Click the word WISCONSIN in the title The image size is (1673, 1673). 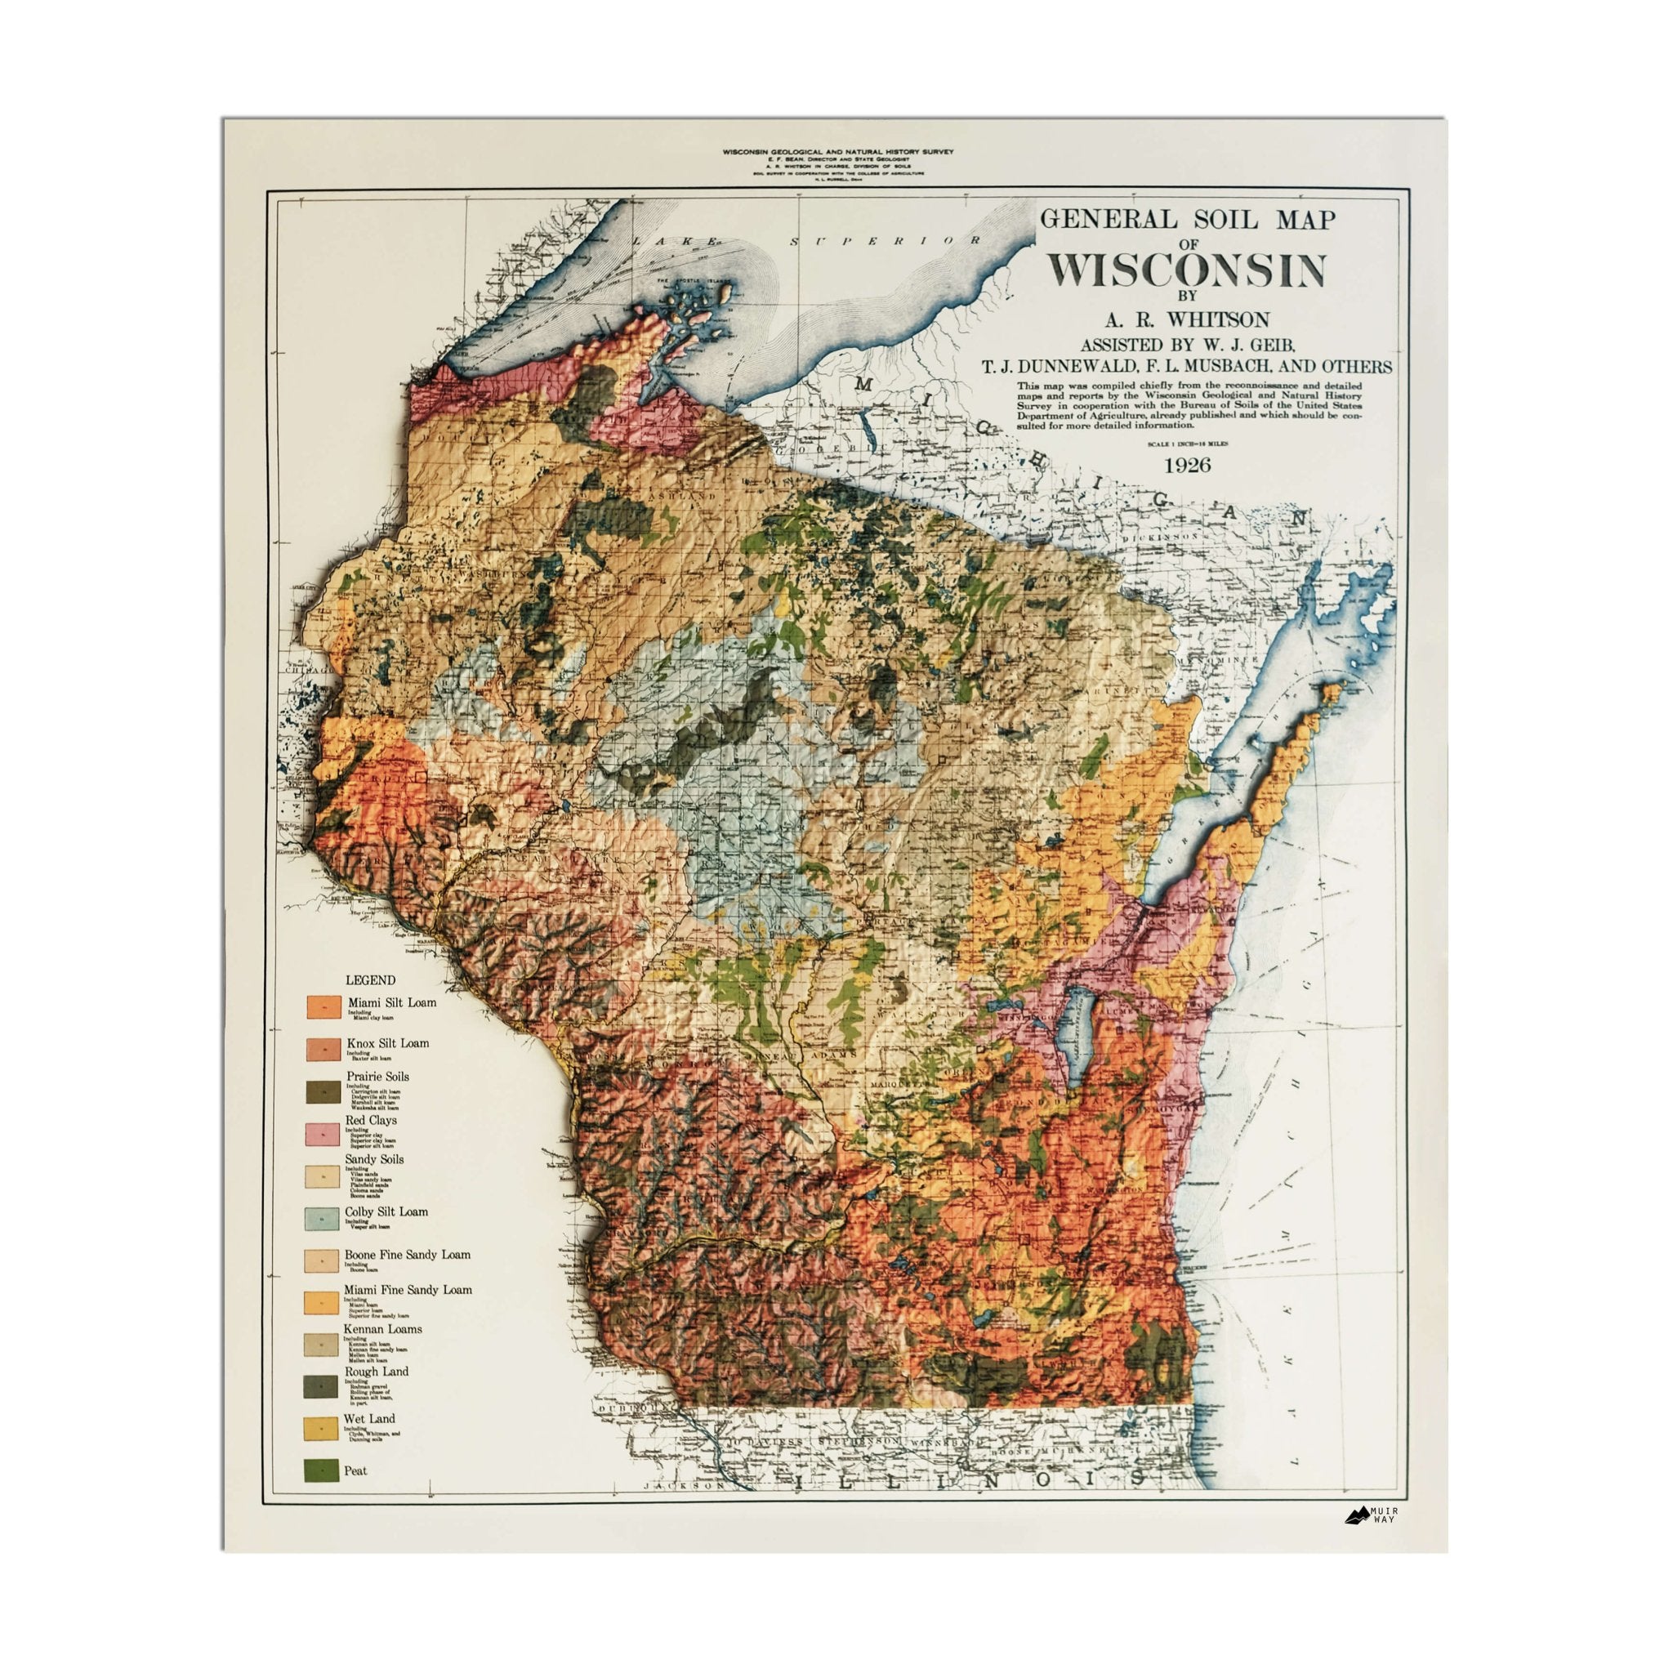coord(1186,271)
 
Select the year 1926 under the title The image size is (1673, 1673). coord(1186,465)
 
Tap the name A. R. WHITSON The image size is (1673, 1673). coord(1186,319)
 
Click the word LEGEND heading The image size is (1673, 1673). coord(371,980)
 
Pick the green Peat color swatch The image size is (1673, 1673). coord(321,1470)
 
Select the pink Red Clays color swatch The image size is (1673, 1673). coord(321,1135)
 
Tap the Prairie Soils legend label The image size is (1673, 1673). coord(377,1077)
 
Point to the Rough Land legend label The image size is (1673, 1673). coord(376,1372)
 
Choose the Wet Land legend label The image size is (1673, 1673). coord(369,1418)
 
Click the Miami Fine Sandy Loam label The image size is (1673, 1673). coord(408,1289)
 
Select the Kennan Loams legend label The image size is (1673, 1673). coord(383,1328)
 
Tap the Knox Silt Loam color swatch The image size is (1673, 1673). coord(323,1050)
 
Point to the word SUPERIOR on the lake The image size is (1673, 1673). coord(885,241)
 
